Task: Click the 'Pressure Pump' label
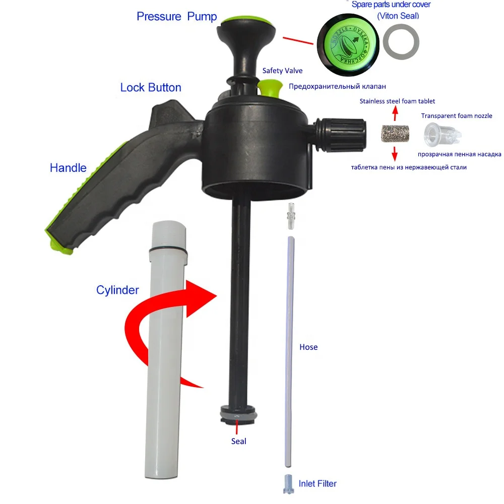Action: [176, 16]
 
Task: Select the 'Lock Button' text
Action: [151, 87]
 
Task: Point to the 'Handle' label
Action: [68, 168]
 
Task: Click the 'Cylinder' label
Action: [117, 290]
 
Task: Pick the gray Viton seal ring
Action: [401, 44]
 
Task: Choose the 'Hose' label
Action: [308, 347]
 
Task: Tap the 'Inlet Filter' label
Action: [318, 484]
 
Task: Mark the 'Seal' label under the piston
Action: [239, 442]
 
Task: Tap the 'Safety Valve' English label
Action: [283, 71]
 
